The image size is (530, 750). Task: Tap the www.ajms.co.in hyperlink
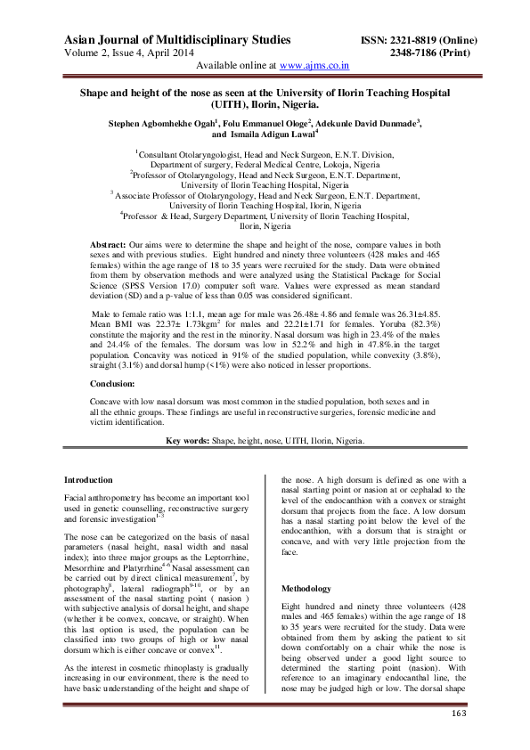click(x=314, y=66)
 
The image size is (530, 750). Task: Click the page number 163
click(x=459, y=713)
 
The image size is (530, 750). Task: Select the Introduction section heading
click(x=89, y=479)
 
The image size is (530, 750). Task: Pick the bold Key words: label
click(x=192, y=441)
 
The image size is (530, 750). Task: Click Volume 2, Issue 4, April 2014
click(x=133, y=53)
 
